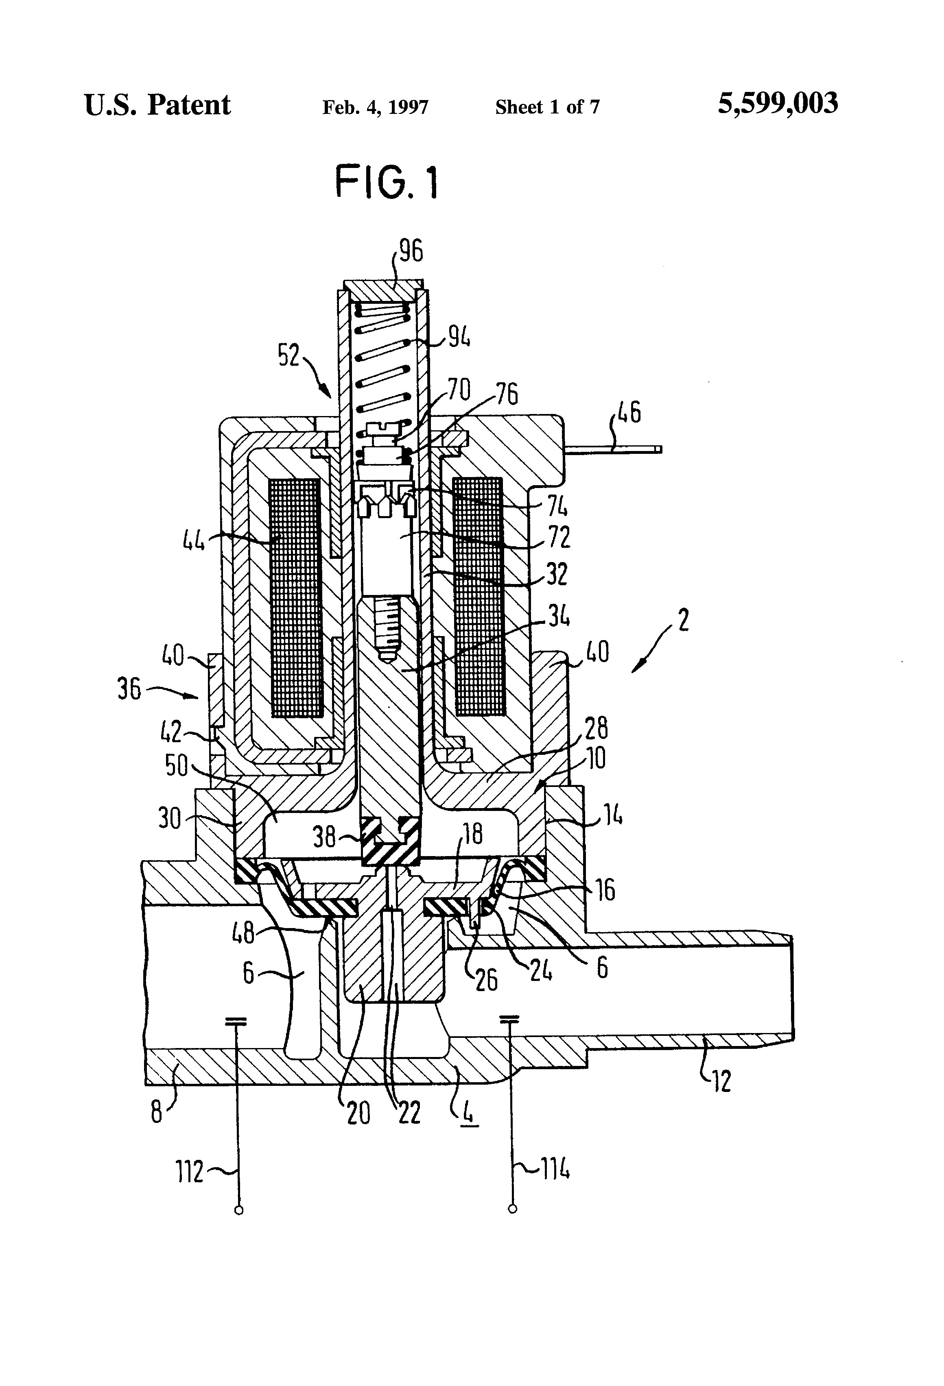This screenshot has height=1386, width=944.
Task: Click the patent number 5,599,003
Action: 778,103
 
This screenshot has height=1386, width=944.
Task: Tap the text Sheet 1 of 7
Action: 547,107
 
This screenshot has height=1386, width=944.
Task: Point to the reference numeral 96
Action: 411,251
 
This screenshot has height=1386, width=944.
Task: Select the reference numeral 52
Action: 289,355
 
